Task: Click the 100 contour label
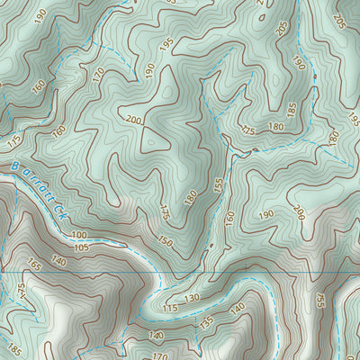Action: (x=79, y=234)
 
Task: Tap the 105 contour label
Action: (x=82, y=247)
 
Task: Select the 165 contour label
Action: (x=35, y=265)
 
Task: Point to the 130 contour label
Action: (x=191, y=298)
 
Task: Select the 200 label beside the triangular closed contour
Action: (x=134, y=121)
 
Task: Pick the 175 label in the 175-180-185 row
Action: (x=248, y=131)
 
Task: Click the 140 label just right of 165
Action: (x=59, y=261)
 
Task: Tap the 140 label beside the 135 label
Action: (x=238, y=308)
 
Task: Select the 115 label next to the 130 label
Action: (x=170, y=308)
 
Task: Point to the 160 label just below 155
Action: (x=229, y=216)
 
